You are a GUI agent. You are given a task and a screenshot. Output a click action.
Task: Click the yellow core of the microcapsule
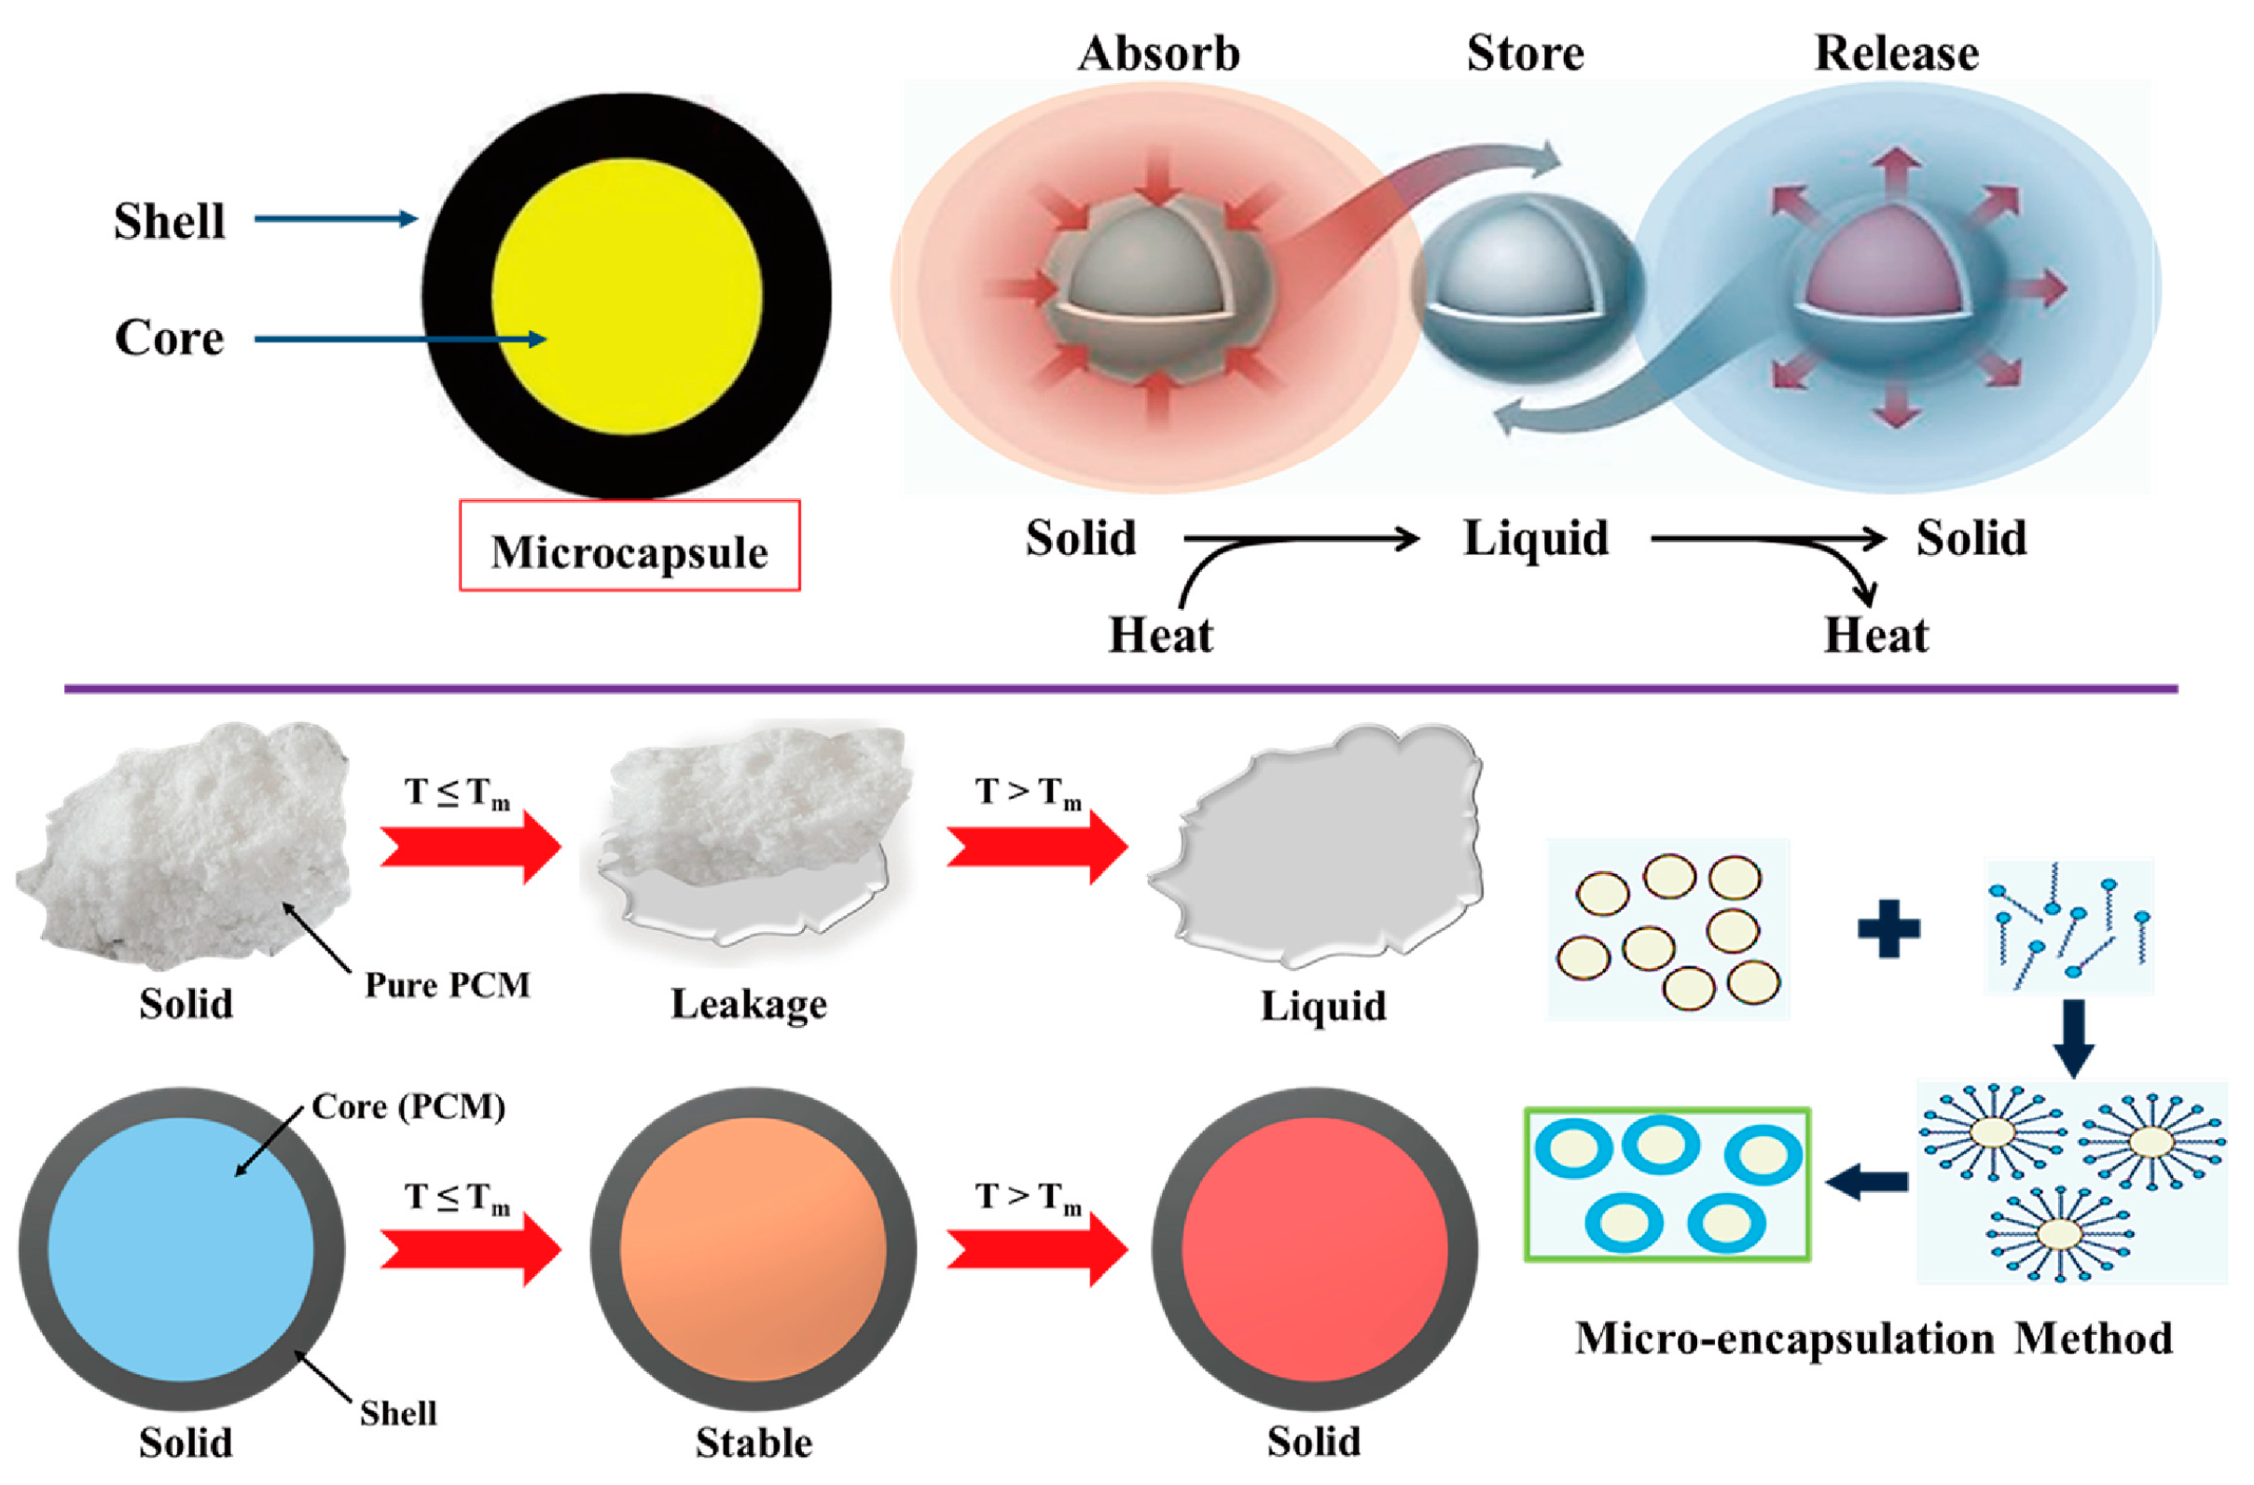point(627,296)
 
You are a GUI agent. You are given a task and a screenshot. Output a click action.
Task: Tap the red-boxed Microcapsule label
point(629,550)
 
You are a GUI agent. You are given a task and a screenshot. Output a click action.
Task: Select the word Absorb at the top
point(1158,53)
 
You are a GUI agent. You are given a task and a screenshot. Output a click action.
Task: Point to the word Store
point(1525,53)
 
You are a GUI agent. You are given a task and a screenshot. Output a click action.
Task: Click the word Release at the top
point(1896,53)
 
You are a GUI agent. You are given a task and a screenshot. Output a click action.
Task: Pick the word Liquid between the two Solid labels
point(1535,538)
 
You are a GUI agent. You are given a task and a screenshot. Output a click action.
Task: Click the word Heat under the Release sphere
point(1875,634)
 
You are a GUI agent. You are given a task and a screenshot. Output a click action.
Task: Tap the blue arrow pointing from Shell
point(336,219)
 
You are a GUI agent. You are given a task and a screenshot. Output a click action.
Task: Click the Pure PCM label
point(447,985)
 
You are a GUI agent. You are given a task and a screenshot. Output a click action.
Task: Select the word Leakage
point(748,1004)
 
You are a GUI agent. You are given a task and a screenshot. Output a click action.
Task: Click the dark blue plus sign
point(1888,929)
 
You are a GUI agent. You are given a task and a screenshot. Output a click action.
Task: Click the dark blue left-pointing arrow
point(1867,1181)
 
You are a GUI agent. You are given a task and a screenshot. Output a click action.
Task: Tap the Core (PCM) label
point(408,1106)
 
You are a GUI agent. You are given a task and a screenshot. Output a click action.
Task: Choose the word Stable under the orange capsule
point(754,1442)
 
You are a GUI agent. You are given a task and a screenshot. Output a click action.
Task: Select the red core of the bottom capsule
point(1315,1249)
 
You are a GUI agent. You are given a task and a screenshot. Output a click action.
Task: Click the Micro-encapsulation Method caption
point(1874,1339)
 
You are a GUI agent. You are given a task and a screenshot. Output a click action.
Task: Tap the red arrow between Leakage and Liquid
point(1037,846)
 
